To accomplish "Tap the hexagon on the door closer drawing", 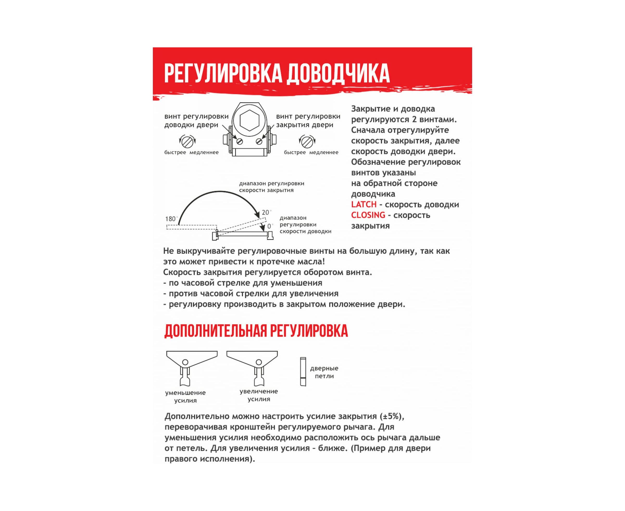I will pos(249,120).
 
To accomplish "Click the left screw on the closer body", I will pos(240,142).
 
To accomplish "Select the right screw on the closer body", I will pos(259,142).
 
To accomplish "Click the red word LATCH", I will pos(364,204).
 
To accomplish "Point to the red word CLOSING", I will pos(368,215).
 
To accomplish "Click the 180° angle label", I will pos(171,219).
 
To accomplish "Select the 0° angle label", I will pos(270,226).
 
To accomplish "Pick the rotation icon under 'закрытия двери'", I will pos(307,142).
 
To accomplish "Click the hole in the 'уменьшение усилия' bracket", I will pos(185,362).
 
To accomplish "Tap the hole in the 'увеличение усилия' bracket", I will pos(259,362).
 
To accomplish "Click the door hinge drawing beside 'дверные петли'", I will pos(303,372).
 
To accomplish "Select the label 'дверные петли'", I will pos(324,372).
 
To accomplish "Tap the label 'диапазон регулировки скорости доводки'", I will pos(305,224).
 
